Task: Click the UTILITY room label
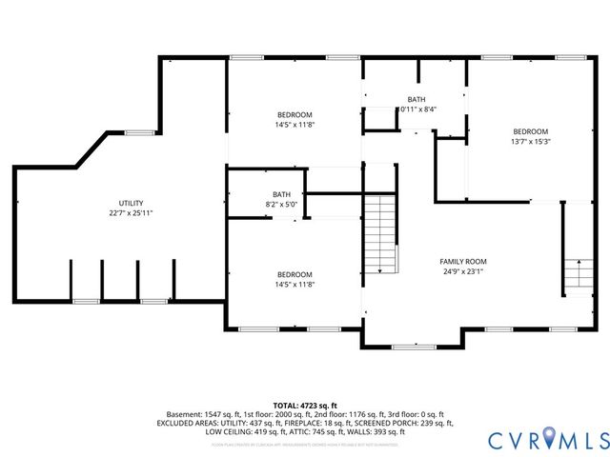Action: coord(131,204)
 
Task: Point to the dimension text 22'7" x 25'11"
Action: coord(131,213)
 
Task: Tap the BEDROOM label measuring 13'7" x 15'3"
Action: coord(531,131)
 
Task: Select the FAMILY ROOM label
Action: coord(463,261)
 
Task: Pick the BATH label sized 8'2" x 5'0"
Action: coord(281,194)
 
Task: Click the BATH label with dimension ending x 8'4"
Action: coord(417,99)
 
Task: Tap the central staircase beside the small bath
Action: coord(381,234)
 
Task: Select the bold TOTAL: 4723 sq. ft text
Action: coord(305,405)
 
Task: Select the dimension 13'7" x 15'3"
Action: coord(531,141)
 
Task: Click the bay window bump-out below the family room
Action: coord(412,339)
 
